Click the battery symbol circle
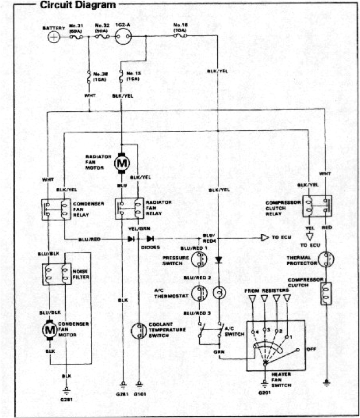[x=54, y=36]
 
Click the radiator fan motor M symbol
[x=122, y=164]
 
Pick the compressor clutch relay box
[x=316, y=207]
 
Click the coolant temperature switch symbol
[x=139, y=330]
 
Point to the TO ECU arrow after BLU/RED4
[x=265, y=238]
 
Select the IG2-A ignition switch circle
[x=123, y=36]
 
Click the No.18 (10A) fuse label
[x=181, y=27]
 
